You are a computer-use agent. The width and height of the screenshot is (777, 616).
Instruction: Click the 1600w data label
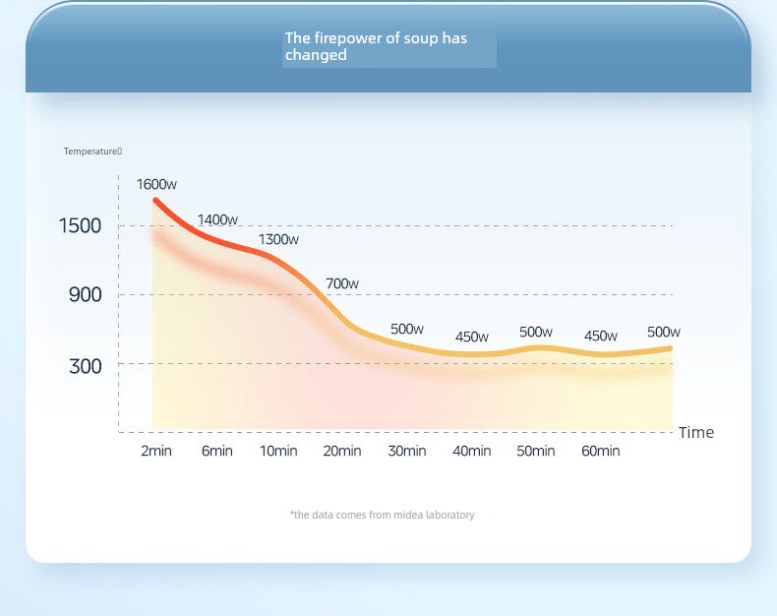point(156,184)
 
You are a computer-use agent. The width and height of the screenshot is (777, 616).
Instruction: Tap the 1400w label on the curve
point(217,219)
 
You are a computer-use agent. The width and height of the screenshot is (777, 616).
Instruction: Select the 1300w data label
point(278,239)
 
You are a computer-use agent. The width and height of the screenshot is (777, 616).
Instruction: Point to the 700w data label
point(342,283)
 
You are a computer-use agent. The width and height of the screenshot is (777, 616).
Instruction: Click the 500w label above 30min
point(406,329)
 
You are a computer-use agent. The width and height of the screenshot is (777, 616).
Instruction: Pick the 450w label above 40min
point(472,337)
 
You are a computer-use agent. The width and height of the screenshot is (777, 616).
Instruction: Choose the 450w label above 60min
point(600,336)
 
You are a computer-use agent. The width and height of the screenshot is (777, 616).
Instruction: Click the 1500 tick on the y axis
point(81,225)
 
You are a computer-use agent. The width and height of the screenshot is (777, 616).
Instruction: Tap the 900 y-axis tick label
point(85,294)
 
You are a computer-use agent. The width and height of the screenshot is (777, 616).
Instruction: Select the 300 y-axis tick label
point(85,366)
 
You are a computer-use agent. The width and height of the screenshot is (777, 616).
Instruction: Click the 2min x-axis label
point(157,451)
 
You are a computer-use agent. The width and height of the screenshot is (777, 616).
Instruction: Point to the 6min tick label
point(216,451)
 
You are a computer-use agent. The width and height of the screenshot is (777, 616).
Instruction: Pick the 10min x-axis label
point(278,451)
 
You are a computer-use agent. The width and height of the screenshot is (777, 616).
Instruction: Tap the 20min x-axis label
point(342,451)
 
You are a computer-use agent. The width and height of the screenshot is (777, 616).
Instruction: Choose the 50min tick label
point(536,451)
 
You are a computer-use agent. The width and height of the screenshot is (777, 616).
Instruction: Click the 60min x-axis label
point(600,451)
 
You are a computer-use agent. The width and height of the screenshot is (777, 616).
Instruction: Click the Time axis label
point(695,432)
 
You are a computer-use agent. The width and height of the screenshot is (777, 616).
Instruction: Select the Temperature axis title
point(92,151)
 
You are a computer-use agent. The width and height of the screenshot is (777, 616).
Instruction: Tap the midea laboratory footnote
point(383,515)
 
